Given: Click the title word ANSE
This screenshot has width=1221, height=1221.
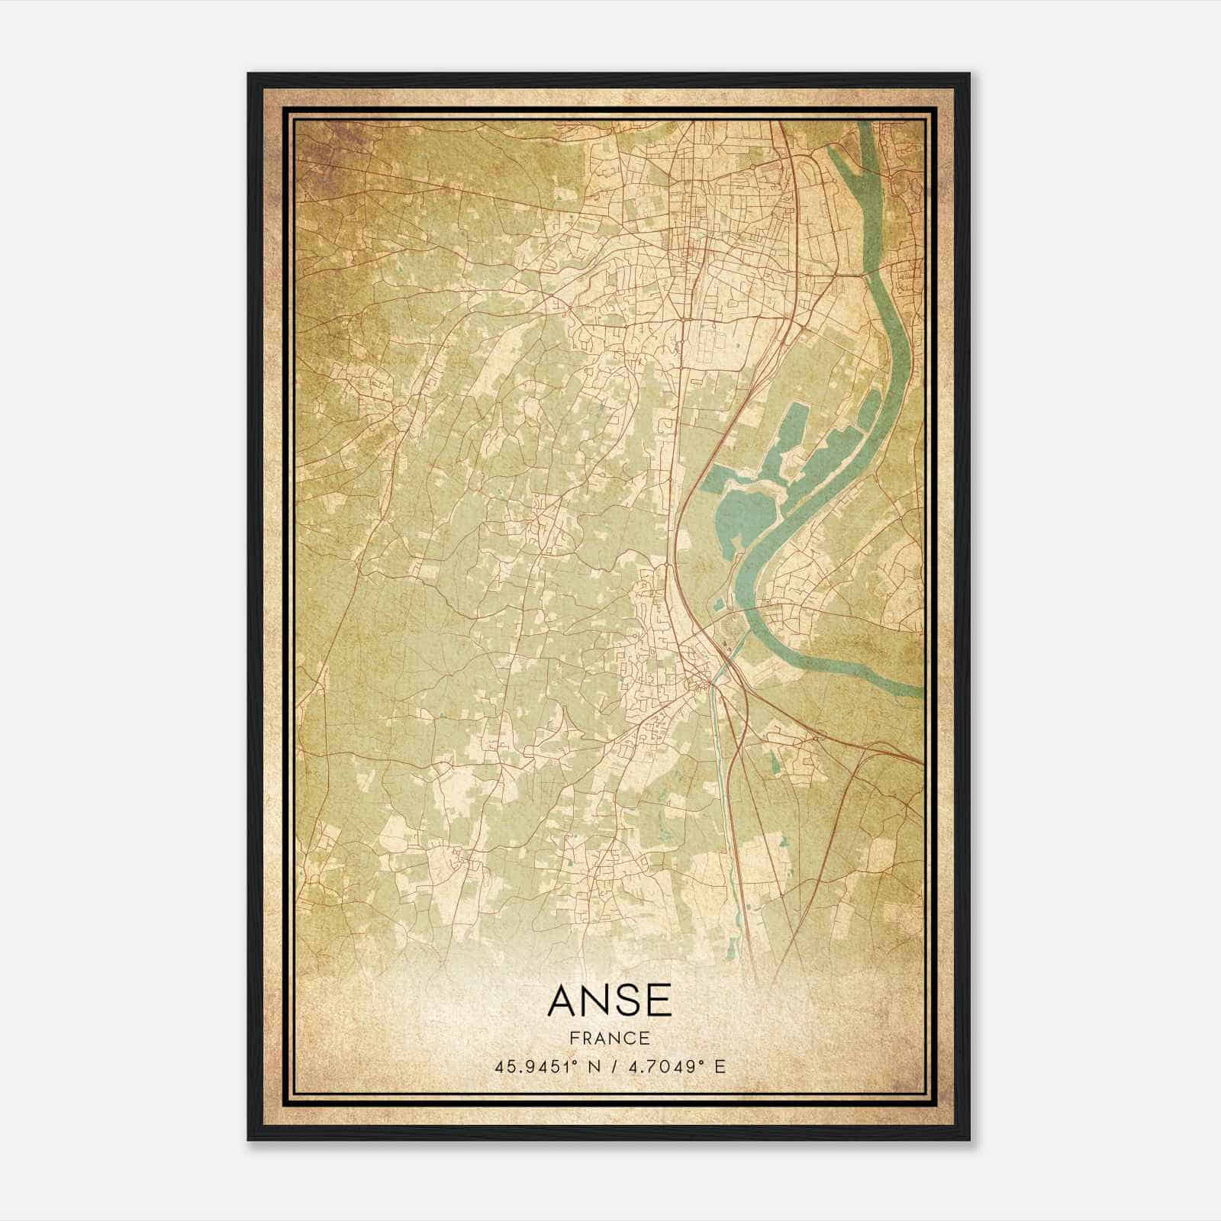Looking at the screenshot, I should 610,1000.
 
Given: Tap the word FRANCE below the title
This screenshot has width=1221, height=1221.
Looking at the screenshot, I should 609,1039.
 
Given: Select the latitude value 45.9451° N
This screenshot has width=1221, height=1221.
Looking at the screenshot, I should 546,1066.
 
